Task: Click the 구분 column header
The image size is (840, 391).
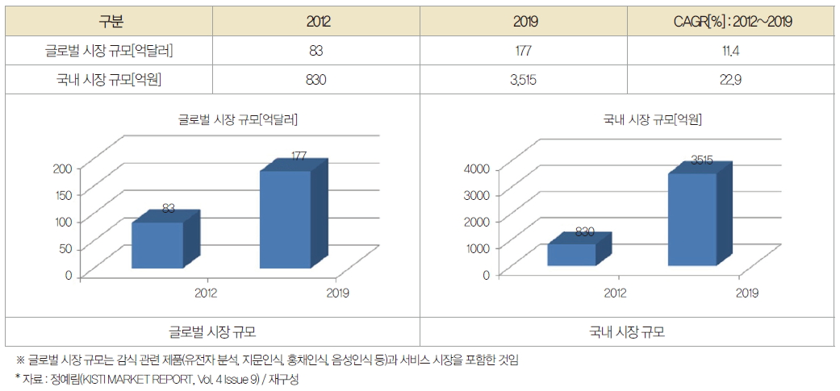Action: tap(109, 22)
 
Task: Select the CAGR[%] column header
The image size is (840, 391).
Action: tap(731, 22)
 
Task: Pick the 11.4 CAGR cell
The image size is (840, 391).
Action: tap(731, 51)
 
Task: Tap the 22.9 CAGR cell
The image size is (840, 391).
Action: tap(731, 79)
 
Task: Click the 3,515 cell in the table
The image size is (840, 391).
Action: tap(524, 79)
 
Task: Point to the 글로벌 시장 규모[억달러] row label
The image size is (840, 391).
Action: tap(109, 51)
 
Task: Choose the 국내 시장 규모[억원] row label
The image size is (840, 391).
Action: tap(109, 79)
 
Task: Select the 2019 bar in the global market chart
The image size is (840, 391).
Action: tap(286, 219)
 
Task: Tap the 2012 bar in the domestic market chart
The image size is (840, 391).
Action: tap(571, 254)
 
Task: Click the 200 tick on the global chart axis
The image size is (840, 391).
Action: tap(63, 168)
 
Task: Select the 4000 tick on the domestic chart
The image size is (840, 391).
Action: tap(478, 168)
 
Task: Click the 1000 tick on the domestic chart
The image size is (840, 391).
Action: tap(478, 247)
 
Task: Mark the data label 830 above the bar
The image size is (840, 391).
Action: tap(586, 232)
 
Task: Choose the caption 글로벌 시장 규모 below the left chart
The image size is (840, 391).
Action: tap(212, 332)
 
